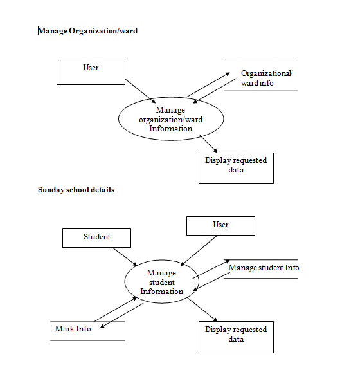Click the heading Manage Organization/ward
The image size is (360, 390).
[x=88, y=30]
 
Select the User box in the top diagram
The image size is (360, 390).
[x=91, y=72]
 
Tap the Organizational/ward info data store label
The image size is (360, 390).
[x=266, y=78]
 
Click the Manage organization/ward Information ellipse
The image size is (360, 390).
[x=170, y=120]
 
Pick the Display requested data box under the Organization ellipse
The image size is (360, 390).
[x=236, y=167]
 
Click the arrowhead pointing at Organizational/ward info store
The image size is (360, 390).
[x=227, y=74]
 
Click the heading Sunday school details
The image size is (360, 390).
[x=76, y=190]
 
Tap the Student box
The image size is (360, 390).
[x=96, y=237]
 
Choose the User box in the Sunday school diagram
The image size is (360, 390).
[x=221, y=225]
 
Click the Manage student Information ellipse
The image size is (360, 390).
[x=162, y=283]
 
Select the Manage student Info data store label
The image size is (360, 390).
[x=264, y=268]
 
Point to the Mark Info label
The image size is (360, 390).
[x=73, y=329]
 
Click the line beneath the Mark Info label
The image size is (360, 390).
[x=87, y=340]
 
